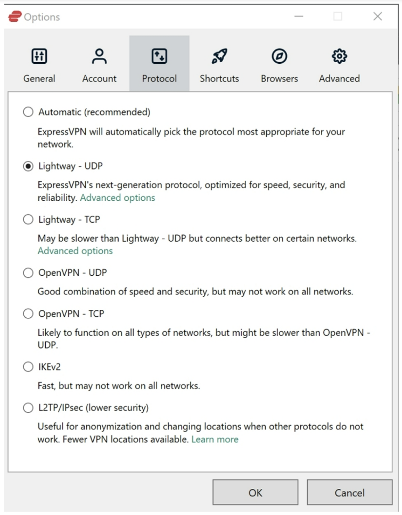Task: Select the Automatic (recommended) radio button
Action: [x=28, y=112]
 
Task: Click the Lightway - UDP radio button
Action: [x=28, y=166]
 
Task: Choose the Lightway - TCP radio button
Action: [x=28, y=219]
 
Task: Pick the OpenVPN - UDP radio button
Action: [x=28, y=273]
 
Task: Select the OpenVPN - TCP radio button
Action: [x=28, y=314]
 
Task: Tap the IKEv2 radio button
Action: [x=28, y=367]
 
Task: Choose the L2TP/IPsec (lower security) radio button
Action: [x=28, y=408]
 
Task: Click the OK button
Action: [x=255, y=493]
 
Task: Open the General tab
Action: [x=39, y=65]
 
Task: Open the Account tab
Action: [x=99, y=65]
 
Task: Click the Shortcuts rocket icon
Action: [x=219, y=56]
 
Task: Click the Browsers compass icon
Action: [x=279, y=56]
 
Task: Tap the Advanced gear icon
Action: [x=339, y=56]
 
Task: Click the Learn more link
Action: [x=215, y=440]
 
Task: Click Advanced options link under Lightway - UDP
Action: [x=117, y=198]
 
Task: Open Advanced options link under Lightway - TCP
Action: [x=75, y=251]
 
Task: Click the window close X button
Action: [x=378, y=16]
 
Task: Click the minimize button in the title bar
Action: [x=299, y=16]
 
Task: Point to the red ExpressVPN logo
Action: [x=15, y=16]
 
